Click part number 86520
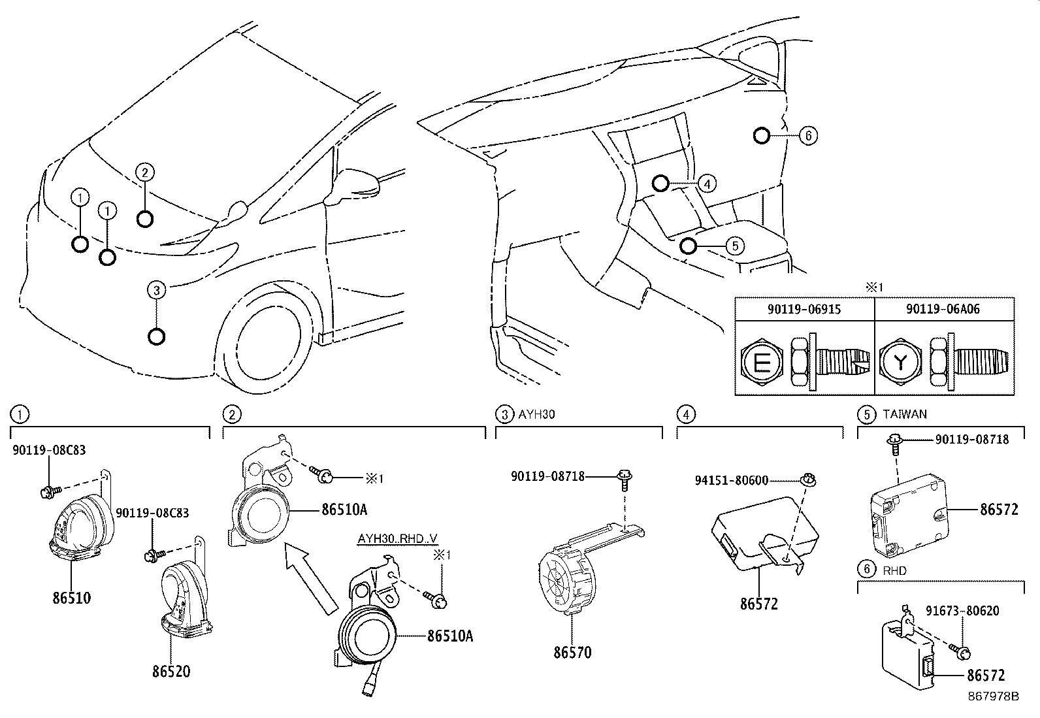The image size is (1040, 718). (x=171, y=672)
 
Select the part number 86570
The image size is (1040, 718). (x=572, y=653)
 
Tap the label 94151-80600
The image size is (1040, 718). (x=732, y=480)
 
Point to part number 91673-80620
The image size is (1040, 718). (x=962, y=611)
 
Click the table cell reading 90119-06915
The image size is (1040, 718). (x=804, y=309)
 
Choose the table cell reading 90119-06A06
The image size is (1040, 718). (x=943, y=309)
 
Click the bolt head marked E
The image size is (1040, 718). (x=762, y=362)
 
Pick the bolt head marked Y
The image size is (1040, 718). (x=900, y=362)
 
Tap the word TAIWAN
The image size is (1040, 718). (x=905, y=414)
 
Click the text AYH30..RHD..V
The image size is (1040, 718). (x=397, y=539)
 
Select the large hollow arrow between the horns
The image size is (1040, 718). (x=310, y=578)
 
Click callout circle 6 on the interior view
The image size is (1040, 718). (x=808, y=136)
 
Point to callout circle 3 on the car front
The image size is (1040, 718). (x=157, y=290)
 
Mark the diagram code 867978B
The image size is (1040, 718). (x=993, y=696)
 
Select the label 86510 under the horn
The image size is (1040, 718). (x=71, y=598)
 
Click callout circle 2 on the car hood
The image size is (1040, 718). (x=145, y=172)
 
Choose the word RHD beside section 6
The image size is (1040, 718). (x=895, y=570)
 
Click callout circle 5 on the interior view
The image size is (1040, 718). (x=735, y=246)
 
